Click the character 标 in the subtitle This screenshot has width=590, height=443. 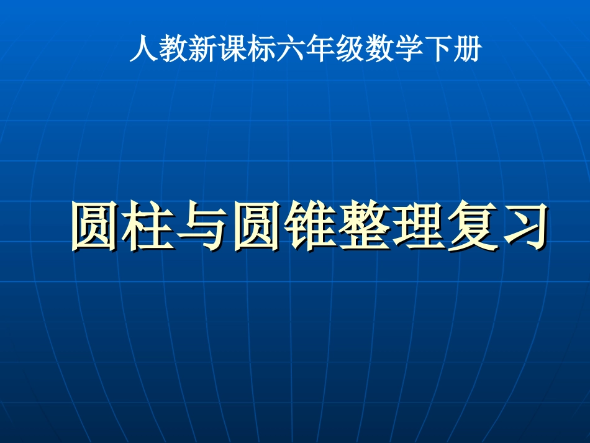[261, 49]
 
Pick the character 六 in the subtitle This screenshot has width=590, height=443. [291, 49]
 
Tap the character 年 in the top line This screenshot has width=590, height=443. [320, 49]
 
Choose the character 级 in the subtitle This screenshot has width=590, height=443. [350, 49]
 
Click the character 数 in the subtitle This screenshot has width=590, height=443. [379, 49]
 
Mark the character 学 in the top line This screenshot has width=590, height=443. [408, 49]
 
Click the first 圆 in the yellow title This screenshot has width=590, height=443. [94, 227]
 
